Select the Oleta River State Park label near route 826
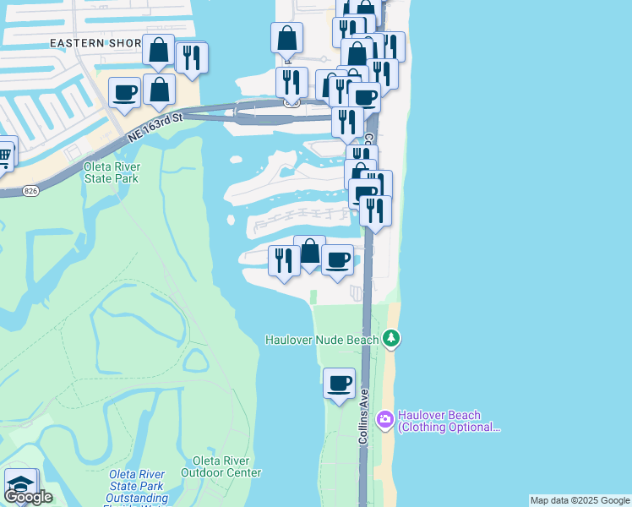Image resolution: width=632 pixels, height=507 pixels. tap(112, 172)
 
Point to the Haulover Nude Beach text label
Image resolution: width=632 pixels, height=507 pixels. tap(322, 340)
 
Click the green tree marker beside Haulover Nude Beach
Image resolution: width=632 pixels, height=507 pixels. tap(390, 339)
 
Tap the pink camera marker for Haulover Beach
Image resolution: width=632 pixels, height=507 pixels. tap(385, 420)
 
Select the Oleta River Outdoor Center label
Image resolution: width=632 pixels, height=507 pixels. tap(226, 466)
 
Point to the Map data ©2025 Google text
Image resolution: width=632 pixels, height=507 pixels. tap(580, 500)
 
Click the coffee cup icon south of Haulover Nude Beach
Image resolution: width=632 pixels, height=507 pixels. tap(340, 384)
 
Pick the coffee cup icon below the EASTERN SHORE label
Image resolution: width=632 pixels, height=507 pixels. tap(124, 93)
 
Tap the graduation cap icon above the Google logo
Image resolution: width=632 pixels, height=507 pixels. tap(20, 483)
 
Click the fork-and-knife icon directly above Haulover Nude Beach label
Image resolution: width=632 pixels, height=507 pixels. tap(283, 259)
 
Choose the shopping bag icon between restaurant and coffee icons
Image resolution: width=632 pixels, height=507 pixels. tap(309, 251)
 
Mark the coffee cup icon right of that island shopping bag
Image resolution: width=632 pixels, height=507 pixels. tap(338, 259)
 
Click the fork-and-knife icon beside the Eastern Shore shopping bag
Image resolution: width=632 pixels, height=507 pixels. tap(192, 58)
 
